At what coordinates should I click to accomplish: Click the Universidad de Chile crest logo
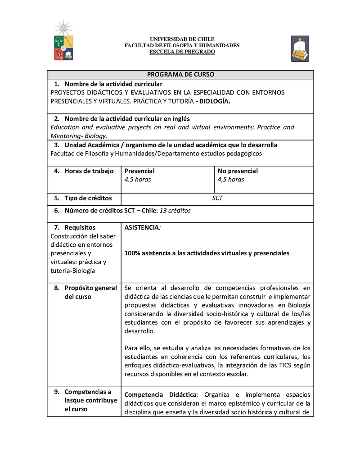point(63,41)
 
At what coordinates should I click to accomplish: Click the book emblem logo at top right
point(300,49)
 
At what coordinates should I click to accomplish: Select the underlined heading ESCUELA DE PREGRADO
point(182,52)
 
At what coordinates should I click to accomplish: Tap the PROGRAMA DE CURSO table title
point(180,74)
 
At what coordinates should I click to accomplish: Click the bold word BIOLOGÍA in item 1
point(215,101)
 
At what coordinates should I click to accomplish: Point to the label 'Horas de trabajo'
point(89,171)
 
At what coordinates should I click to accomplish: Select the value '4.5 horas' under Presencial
point(138,179)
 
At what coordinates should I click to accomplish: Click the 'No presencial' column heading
point(238,171)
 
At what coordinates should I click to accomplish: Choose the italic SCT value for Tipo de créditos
point(217,198)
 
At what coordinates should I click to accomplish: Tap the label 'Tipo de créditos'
point(88,198)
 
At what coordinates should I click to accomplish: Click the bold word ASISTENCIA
point(142,227)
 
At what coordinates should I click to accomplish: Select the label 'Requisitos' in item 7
point(80,227)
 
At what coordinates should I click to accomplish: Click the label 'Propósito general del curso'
point(90,292)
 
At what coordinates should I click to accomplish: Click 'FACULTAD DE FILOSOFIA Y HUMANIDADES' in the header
point(182,45)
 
